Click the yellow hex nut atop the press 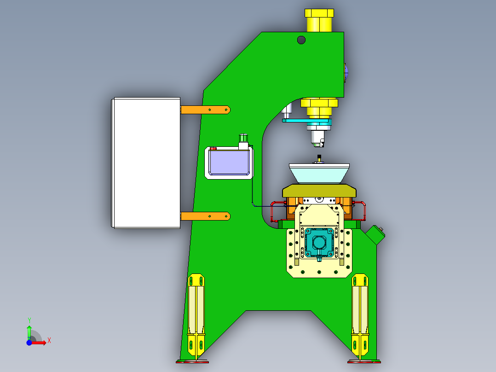point(319,20)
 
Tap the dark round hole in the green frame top point(301,40)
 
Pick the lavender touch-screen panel point(229,162)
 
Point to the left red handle point(275,209)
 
